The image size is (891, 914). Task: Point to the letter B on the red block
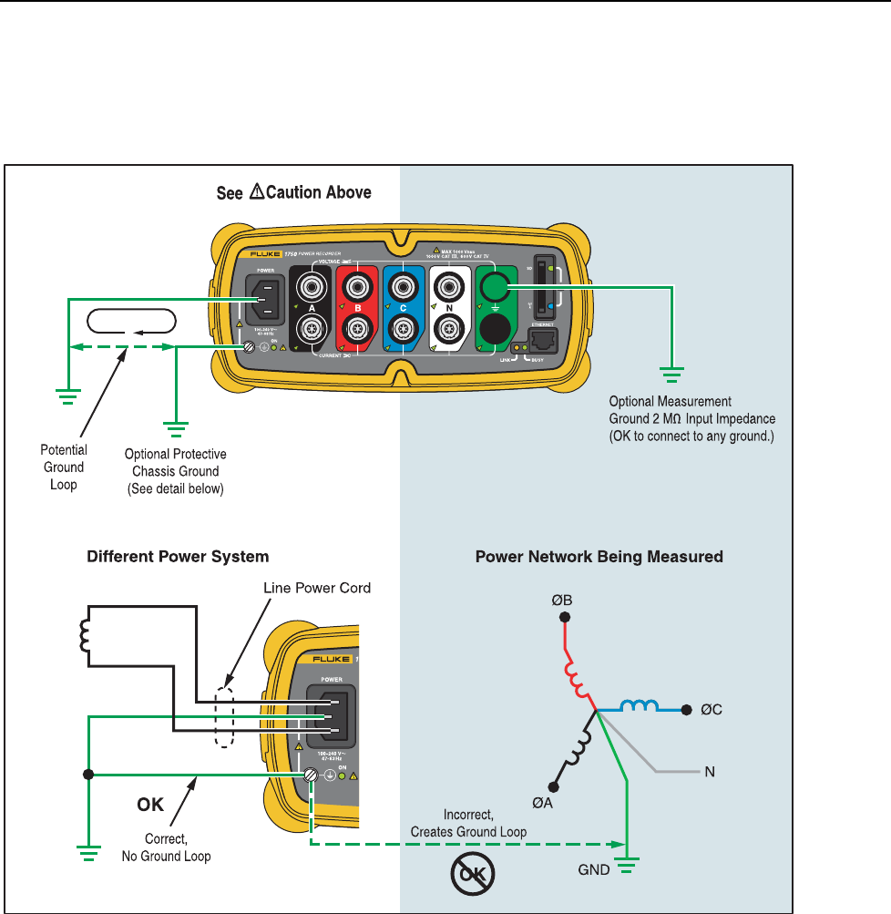coord(358,308)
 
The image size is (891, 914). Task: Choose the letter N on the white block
coord(448,308)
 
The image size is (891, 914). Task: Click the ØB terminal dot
coord(565,617)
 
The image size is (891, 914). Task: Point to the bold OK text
coord(151,805)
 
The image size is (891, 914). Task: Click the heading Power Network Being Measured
coord(599,555)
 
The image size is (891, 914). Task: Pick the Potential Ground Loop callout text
coord(64,467)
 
